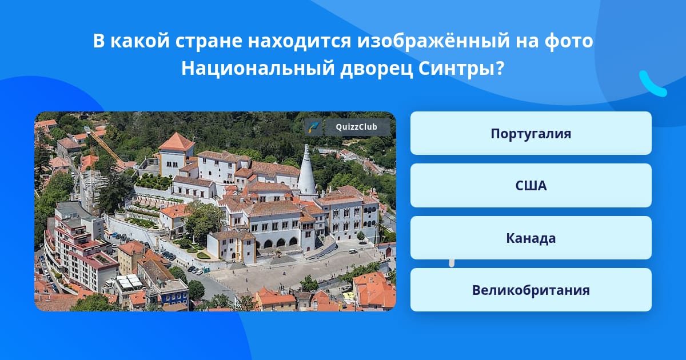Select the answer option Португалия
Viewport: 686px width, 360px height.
pyautogui.click(x=531, y=133)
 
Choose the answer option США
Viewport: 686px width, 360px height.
pyautogui.click(x=531, y=186)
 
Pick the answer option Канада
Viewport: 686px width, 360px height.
pyautogui.click(x=531, y=238)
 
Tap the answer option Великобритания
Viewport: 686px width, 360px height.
pyautogui.click(x=531, y=290)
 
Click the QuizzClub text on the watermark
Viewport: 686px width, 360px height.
pyautogui.click(x=356, y=127)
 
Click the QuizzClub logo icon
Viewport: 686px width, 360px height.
pyautogui.click(x=314, y=127)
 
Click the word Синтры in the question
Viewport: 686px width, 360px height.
pyautogui.click(x=457, y=69)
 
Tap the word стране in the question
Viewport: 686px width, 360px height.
pyautogui.click(x=208, y=41)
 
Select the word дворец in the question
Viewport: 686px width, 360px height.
pyautogui.click(x=376, y=69)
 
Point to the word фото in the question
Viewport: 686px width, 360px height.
pyautogui.click(x=569, y=41)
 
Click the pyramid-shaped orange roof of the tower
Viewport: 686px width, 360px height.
pyautogui.click(x=177, y=142)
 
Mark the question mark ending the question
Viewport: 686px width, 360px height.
pyautogui.click(x=500, y=69)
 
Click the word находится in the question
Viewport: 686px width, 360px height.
pyautogui.click(x=299, y=41)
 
